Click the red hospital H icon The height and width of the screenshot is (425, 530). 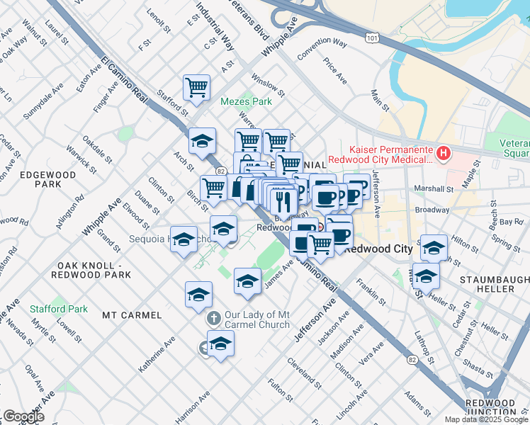[444, 152]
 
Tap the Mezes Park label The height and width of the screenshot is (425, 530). [246, 102]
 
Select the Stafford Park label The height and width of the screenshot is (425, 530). [59, 309]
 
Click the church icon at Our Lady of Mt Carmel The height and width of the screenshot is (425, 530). [213, 319]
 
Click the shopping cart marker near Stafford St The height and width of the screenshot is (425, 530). [196, 88]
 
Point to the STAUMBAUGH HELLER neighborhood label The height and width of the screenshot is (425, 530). [496, 284]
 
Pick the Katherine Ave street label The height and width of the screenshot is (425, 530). [157, 355]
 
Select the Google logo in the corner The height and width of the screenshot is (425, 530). [23, 416]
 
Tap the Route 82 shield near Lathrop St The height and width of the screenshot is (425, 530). [412, 360]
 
